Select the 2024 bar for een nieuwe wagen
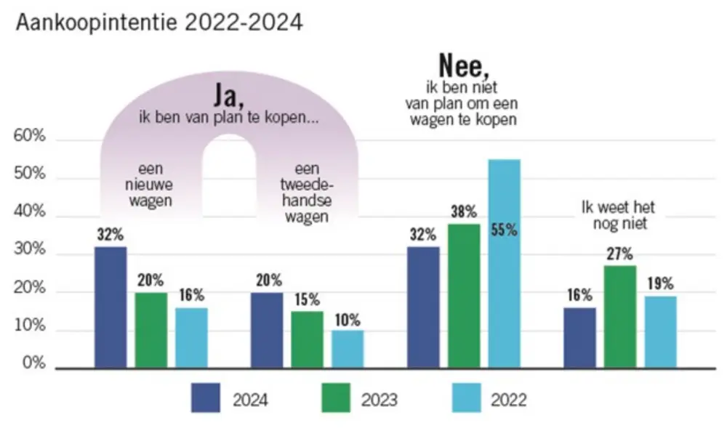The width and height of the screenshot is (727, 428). coord(111,307)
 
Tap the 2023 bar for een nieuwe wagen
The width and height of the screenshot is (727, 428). coord(151,331)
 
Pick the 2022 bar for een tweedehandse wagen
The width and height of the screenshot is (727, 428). coord(348,350)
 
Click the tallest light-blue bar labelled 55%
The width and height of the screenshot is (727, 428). coord(504,264)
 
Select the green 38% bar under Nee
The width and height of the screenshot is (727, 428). coord(464,296)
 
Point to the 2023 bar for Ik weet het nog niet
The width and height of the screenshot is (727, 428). coord(619,317)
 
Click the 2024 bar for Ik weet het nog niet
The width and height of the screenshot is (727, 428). coord(579,338)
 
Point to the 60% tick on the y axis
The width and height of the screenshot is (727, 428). coord(30,138)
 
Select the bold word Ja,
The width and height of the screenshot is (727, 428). coord(228,95)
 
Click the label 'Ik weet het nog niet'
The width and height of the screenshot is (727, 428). coord(618,216)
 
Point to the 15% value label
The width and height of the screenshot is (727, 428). coord(306,300)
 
